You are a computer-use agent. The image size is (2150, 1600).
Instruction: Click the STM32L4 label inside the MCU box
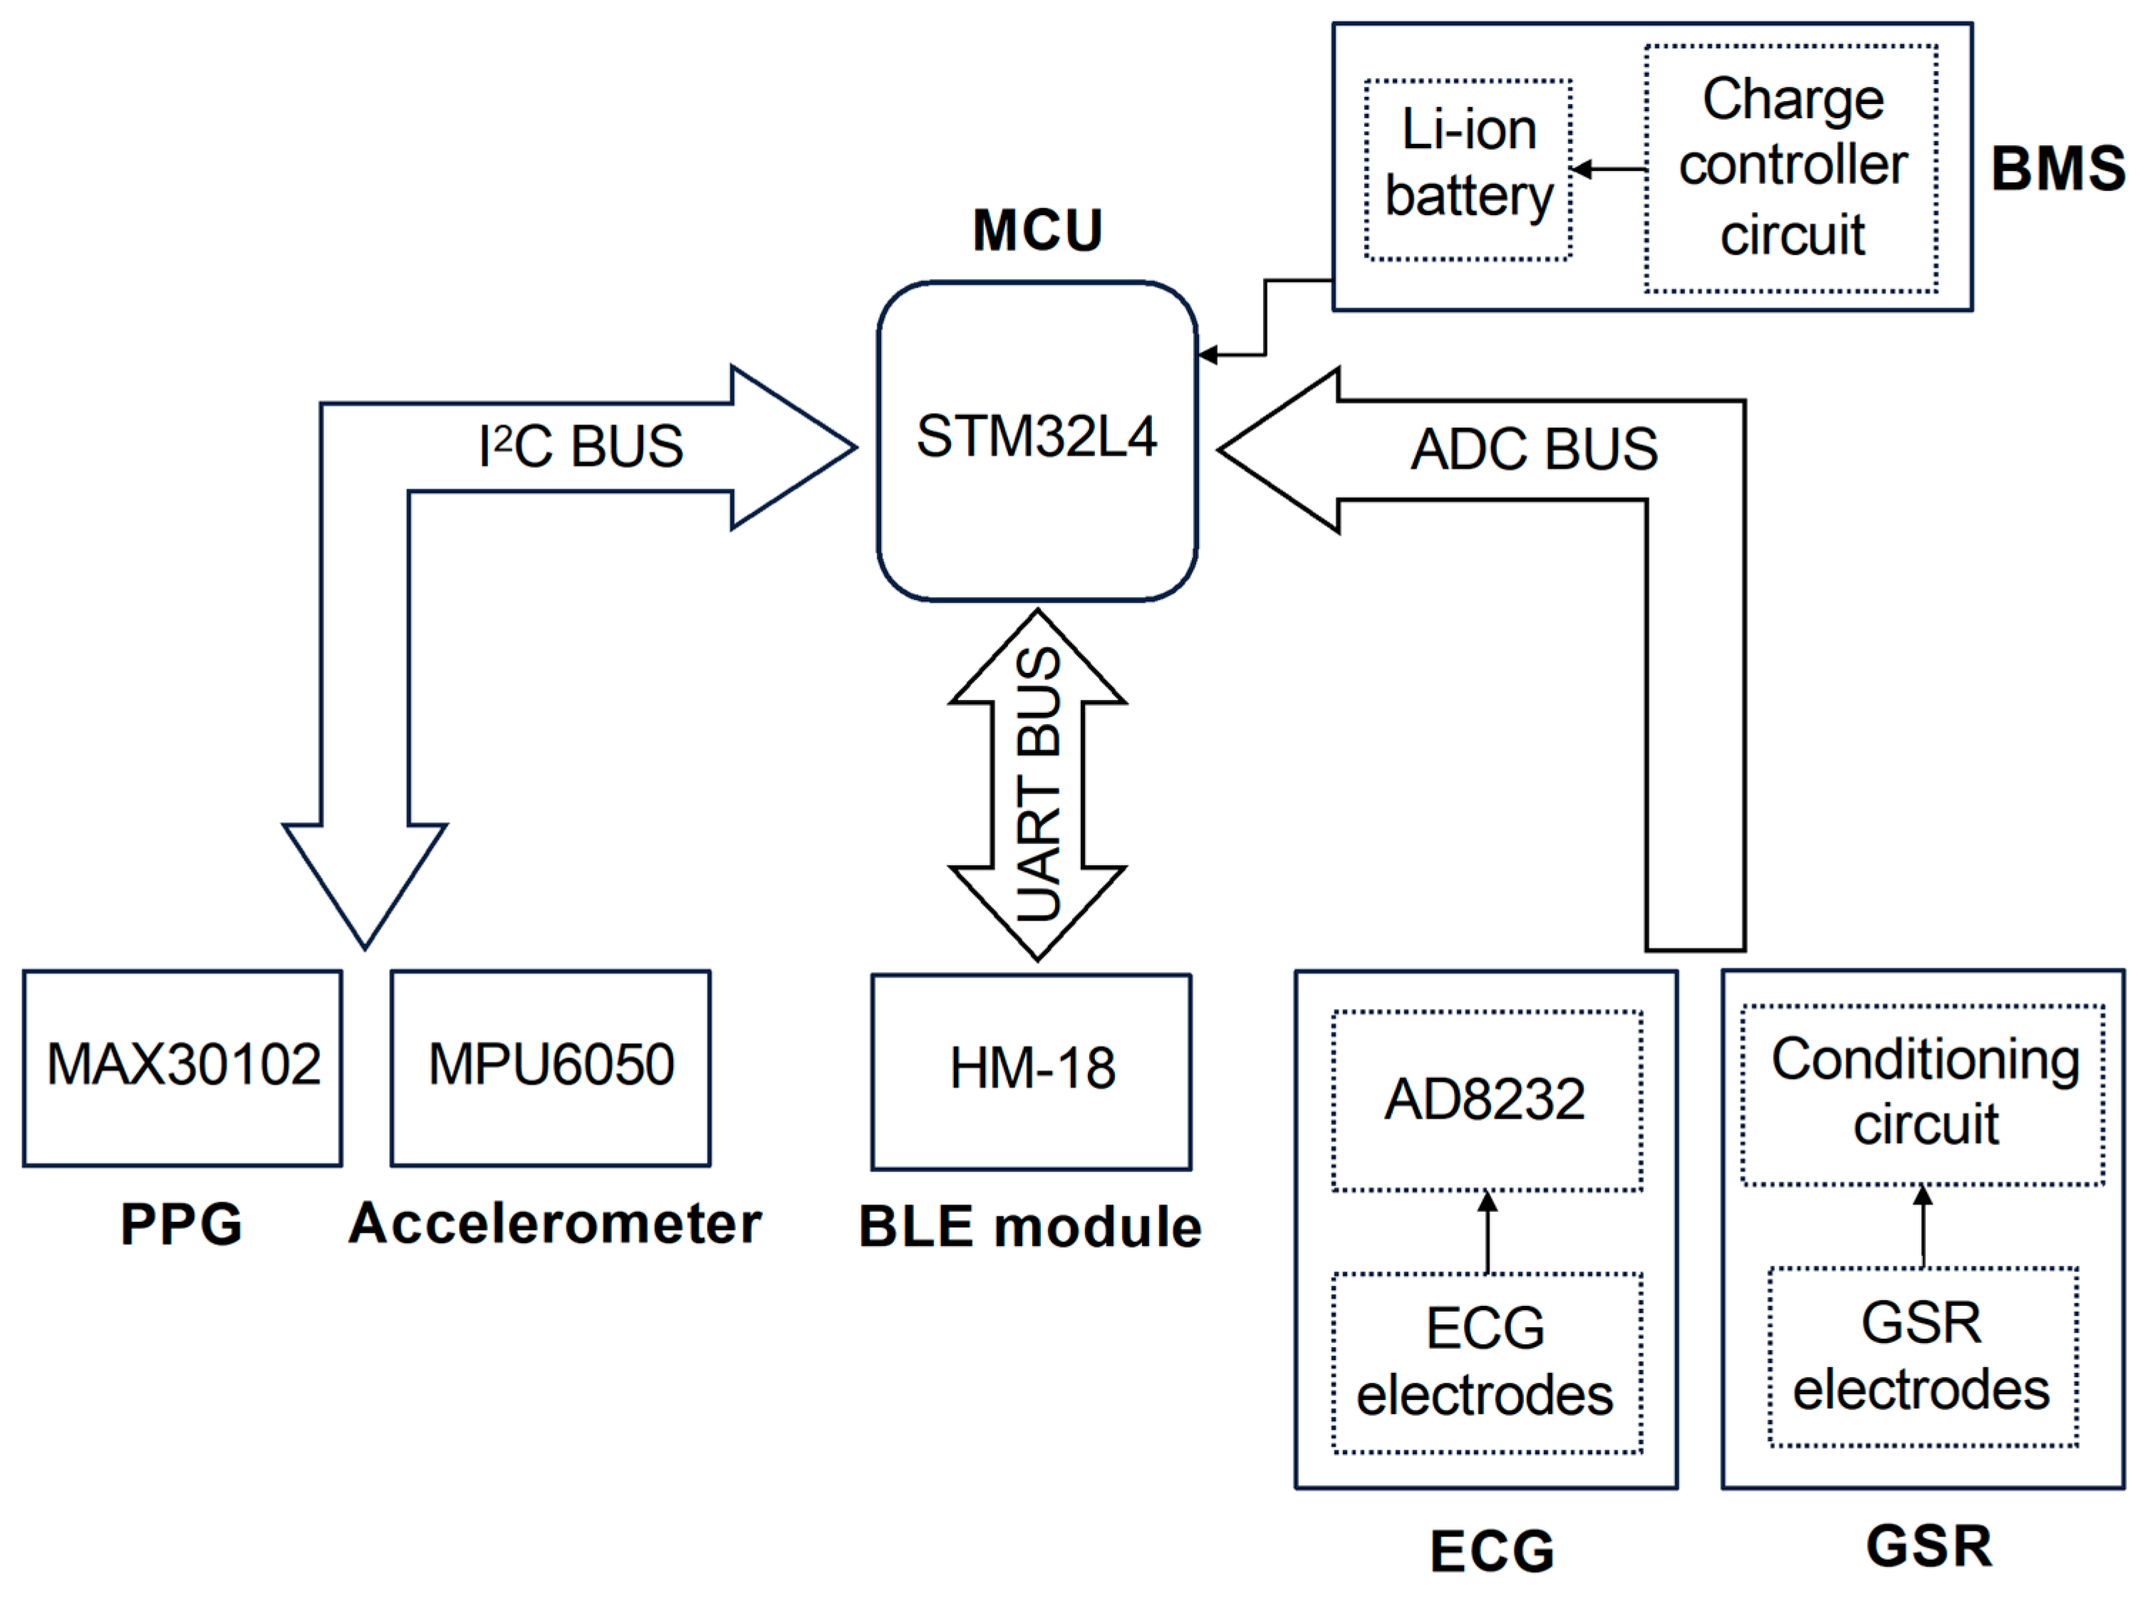click(x=1036, y=436)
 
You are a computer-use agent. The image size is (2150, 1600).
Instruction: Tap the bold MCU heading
click(x=1037, y=231)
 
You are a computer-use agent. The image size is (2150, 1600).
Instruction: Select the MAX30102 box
click(x=182, y=1067)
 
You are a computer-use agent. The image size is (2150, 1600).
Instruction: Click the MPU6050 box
click(x=551, y=1067)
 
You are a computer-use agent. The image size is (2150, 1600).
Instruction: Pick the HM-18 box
click(x=1031, y=1070)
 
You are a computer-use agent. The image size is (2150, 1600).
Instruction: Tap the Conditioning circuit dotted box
click(x=1923, y=1094)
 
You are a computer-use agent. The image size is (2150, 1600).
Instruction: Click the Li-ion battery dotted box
click(x=1468, y=169)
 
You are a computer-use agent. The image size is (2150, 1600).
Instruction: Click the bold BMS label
click(x=2057, y=169)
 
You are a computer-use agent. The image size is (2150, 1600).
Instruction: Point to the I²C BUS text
click(x=581, y=447)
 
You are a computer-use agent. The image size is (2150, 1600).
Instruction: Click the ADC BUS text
click(x=1534, y=450)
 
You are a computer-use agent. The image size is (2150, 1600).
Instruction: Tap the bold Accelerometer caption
click(x=555, y=1223)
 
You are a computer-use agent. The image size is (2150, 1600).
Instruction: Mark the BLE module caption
click(x=1030, y=1227)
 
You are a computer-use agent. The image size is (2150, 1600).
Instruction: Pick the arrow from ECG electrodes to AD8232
click(x=1487, y=1232)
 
